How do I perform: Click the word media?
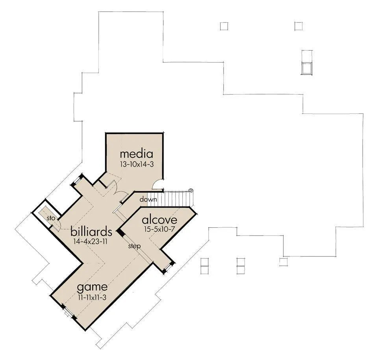tap(137, 154)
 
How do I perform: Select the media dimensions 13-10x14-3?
tap(137, 164)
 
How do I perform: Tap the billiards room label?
tap(91, 232)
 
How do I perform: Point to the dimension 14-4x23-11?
tap(90, 241)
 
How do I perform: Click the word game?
tap(92, 288)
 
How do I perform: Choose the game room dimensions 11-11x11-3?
tap(92, 297)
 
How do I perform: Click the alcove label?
tap(159, 220)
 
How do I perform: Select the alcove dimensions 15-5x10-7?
tap(159, 229)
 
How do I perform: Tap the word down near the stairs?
tap(148, 199)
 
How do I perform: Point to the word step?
tap(134, 246)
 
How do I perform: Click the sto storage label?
tap(51, 218)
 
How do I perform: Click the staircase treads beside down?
tap(169, 199)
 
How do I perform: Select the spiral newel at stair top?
tap(191, 190)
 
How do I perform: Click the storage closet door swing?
tap(57, 225)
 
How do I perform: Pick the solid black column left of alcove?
tap(120, 233)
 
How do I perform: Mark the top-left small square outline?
tap(224, 26)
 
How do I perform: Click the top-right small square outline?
tap(298, 26)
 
